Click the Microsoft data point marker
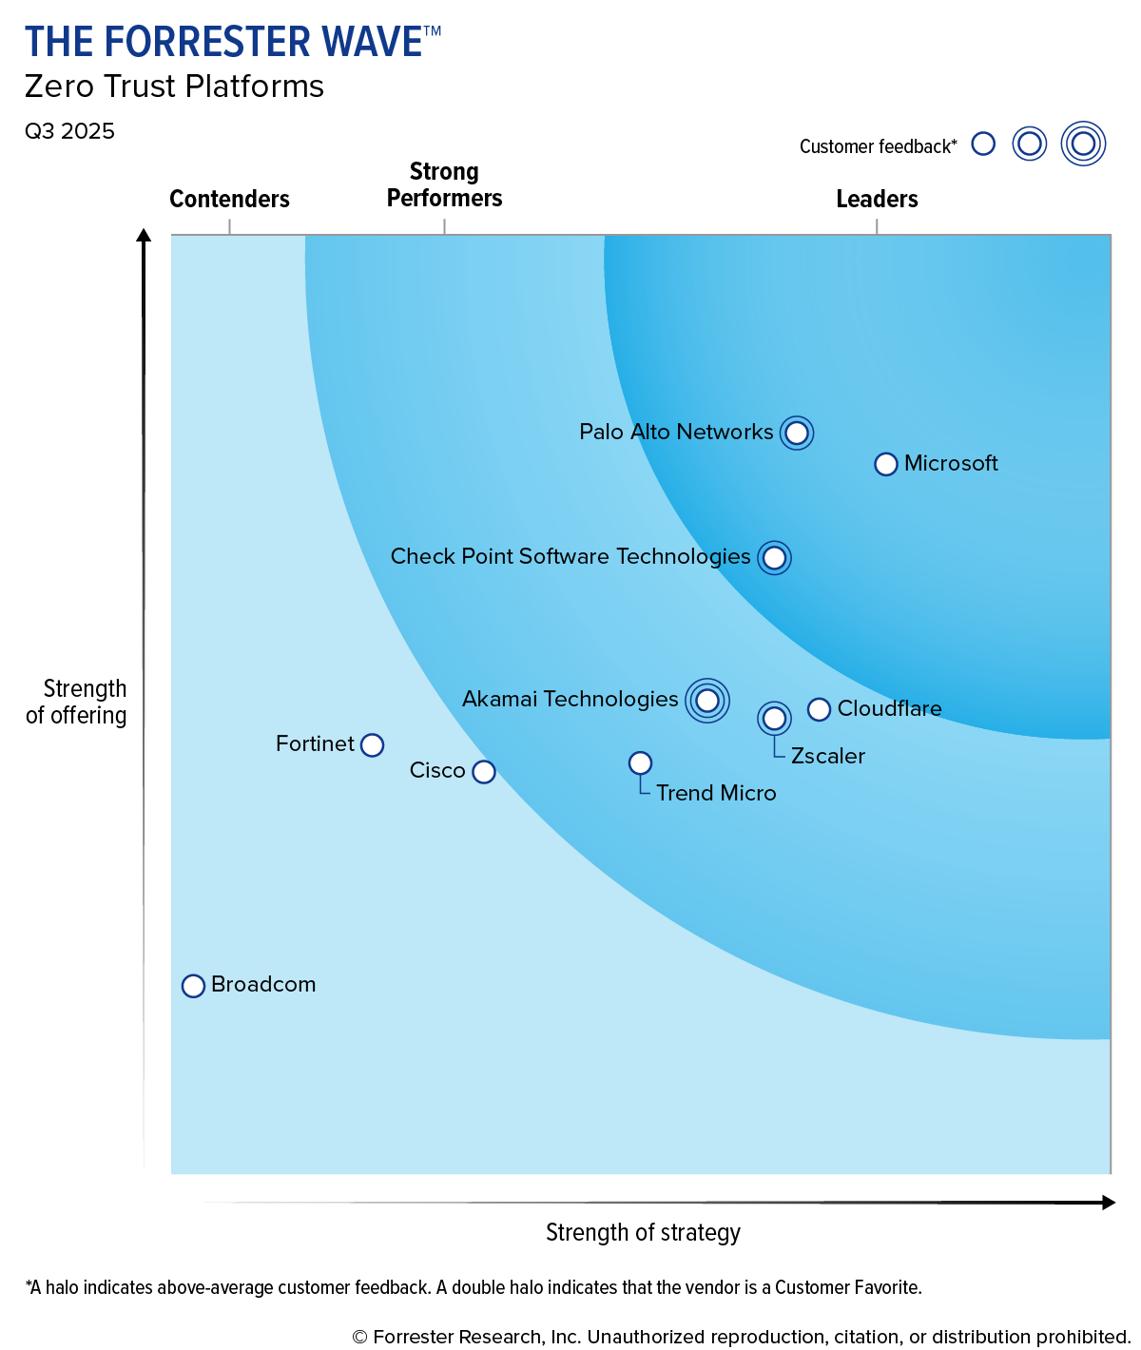pos(885,464)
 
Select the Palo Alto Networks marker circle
pos(797,434)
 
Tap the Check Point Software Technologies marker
pos(774,558)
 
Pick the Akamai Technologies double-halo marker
pos(706,701)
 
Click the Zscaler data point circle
pos(774,718)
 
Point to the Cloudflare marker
pos(819,709)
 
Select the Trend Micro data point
pos(640,763)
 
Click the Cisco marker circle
pos(484,771)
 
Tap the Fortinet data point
pos(373,744)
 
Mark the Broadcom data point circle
pos(193,986)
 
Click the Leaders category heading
pos(877,199)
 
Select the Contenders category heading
pos(229,199)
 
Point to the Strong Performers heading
pos(444,185)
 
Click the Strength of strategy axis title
pos(643,1232)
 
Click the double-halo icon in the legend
pos(1083,145)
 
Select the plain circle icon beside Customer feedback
pos(983,145)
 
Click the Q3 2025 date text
pos(69,131)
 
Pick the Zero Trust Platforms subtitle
pos(174,87)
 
